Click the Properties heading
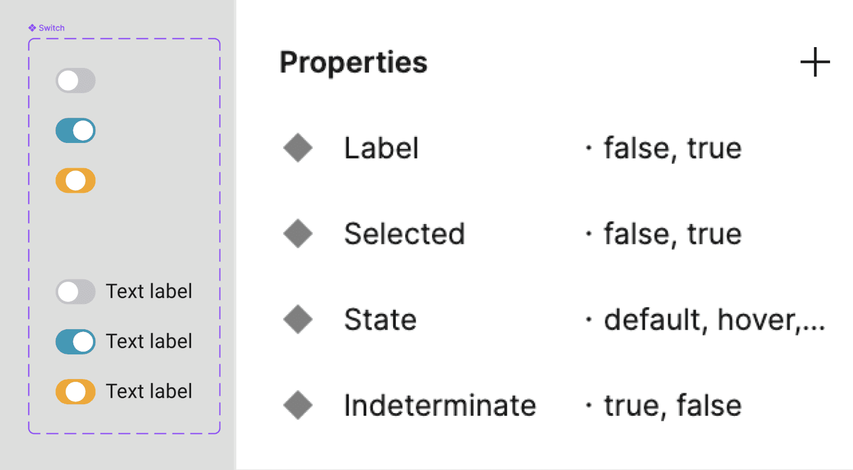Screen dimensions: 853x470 (x=353, y=62)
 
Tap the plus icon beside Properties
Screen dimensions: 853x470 (x=815, y=62)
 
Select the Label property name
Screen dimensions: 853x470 (x=381, y=148)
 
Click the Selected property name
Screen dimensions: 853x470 (x=404, y=234)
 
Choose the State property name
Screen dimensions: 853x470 (x=380, y=319)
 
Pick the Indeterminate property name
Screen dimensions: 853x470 (x=440, y=405)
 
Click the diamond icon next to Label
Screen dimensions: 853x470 (x=298, y=148)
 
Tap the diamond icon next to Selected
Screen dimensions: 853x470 (x=298, y=234)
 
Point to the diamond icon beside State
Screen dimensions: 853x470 (x=298, y=319)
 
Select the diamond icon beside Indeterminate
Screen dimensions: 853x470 (x=298, y=405)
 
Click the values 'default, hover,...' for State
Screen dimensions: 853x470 (x=714, y=319)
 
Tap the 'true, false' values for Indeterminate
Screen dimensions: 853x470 (x=672, y=405)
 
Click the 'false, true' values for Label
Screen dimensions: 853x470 (x=672, y=148)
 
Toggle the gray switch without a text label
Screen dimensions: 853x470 (x=76, y=81)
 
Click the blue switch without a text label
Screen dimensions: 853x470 (x=76, y=130)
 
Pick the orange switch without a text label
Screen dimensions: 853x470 (x=76, y=181)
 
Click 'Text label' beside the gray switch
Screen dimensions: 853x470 (x=149, y=291)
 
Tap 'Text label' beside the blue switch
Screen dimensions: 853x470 (x=149, y=341)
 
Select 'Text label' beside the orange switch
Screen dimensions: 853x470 (x=149, y=392)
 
